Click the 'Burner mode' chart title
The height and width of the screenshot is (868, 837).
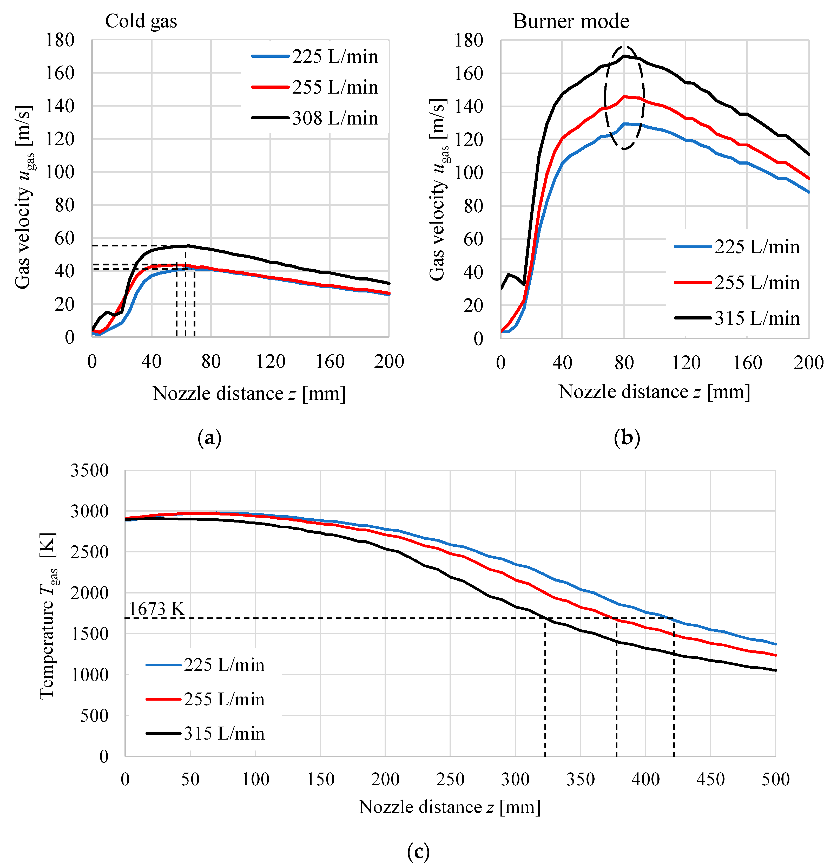point(571,21)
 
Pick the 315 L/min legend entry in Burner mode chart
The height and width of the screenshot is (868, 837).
point(737,318)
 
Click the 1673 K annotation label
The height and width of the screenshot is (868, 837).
point(156,609)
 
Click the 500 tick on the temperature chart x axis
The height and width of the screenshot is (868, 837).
point(775,779)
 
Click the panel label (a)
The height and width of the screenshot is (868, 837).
point(209,438)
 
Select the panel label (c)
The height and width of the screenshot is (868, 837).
point(418,851)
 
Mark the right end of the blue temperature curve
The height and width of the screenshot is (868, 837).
point(775,644)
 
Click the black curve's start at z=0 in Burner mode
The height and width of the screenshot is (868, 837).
point(501,289)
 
